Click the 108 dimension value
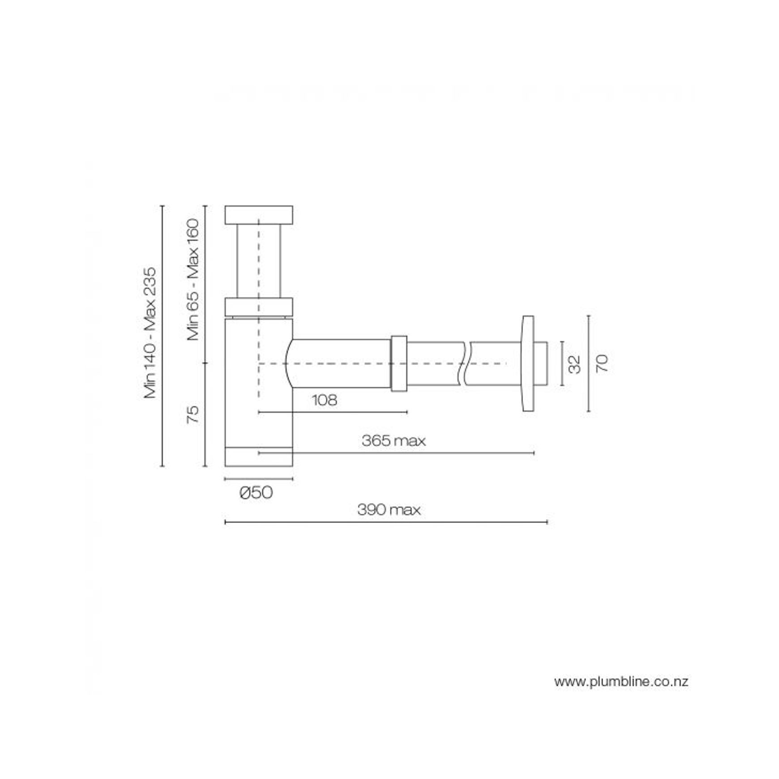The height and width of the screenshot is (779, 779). click(324, 400)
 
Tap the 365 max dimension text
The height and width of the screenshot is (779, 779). click(394, 441)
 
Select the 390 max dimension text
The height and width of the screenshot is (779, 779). click(389, 510)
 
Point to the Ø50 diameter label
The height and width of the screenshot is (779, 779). click(256, 493)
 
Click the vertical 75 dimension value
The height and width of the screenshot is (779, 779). click(193, 414)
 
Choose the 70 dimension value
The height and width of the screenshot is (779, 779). click(602, 363)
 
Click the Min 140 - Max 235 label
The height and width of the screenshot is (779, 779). click(151, 333)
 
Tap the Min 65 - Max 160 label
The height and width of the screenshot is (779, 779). click(193, 279)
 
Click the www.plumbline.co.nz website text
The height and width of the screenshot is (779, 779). click(621, 682)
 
